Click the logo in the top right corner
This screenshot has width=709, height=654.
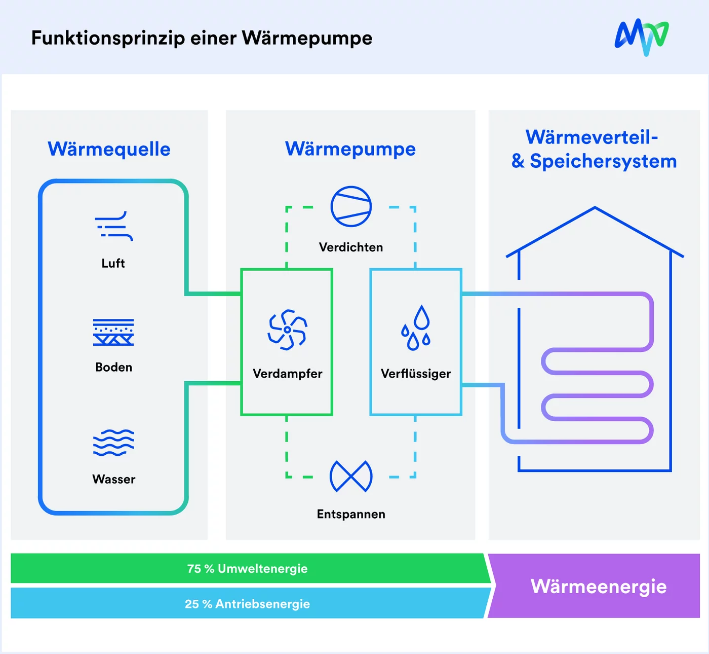point(642,37)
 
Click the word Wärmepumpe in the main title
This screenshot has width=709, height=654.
point(307,38)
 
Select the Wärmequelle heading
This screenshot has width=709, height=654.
point(109,149)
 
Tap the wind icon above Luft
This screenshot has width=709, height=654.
point(114,226)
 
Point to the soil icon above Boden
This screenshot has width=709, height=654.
point(113,333)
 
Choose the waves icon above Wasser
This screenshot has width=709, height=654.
point(113,443)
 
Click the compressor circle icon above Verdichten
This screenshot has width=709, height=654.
point(351,206)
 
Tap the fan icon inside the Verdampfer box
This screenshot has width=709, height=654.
point(287,330)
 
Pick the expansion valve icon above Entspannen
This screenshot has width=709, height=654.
point(351,477)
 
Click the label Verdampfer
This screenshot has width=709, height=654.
point(287,374)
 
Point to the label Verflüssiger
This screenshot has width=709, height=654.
point(416,374)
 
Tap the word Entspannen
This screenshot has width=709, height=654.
point(351,514)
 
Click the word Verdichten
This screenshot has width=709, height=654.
point(351,247)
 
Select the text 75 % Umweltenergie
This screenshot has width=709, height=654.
point(248,569)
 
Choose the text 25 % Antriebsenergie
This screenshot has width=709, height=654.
point(248,604)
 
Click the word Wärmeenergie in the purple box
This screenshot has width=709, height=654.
point(599,586)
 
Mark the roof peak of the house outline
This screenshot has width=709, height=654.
point(595,207)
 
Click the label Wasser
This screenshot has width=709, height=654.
point(114,479)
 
